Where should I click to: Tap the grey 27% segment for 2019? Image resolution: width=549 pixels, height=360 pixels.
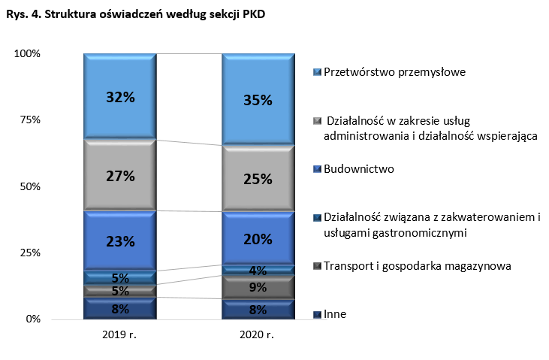[x=120, y=176]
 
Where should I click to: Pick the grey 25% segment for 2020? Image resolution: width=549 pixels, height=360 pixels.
[x=258, y=179]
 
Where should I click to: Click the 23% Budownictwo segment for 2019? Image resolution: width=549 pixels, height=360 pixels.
[x=120, y=241]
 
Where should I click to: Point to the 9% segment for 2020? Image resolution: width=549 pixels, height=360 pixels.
[x=258, y=287]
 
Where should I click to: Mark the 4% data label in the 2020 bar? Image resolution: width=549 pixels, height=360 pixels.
[x=258, y=271]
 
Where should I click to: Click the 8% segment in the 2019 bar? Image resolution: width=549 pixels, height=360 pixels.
[x=120, y=308]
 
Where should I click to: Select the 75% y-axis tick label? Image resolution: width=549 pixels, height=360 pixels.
[x=29, y=120]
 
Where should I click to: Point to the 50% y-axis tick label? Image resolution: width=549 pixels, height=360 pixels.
[x=29, y=186]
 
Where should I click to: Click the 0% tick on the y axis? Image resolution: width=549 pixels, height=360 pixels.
[x=32, y=319]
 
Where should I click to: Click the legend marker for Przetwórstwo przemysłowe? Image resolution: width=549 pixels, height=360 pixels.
[x=318, y=72]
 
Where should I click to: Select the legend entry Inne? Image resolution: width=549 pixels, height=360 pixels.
[x=334, y=314]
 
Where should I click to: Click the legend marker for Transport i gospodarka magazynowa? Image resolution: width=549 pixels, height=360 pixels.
[x=318, y=266]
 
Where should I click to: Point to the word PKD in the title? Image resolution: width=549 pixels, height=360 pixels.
[x=252, y=13]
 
